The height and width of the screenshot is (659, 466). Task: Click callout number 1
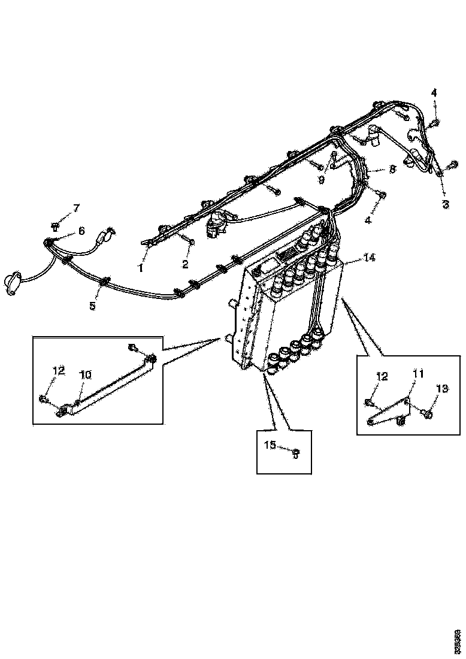141,269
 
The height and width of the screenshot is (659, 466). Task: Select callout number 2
186,264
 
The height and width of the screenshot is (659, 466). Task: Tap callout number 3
445,204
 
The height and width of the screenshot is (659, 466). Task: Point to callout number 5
92,306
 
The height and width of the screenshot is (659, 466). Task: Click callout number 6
81,231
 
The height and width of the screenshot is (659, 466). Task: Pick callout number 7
76,208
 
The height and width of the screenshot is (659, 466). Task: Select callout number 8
392,170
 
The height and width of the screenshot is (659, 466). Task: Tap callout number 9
322,179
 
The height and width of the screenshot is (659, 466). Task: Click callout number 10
86,374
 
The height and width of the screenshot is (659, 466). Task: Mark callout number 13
442,389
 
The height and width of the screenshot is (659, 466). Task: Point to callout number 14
370,258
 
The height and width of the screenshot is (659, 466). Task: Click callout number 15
271,445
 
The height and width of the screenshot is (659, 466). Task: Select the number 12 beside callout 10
58,371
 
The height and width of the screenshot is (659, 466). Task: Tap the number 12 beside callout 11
382,376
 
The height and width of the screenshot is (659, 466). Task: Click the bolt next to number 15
295,452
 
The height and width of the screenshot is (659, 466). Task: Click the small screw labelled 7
55,226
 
